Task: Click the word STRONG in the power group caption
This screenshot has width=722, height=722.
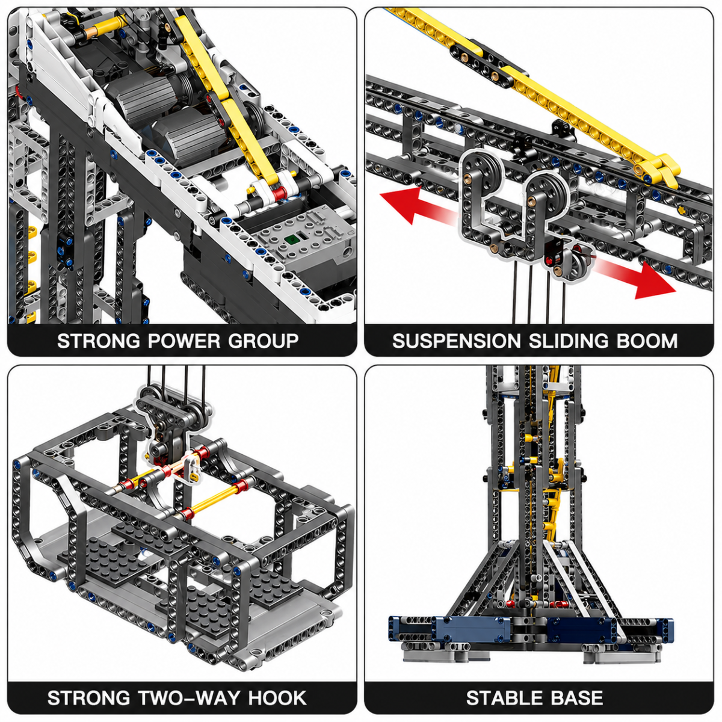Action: click(x=99, y=341)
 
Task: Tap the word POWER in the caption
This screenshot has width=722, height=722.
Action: click(x=184, y=341)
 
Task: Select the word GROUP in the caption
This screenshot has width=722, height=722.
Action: click(x=264, y=341)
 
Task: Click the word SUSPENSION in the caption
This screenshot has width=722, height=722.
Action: click(x=456, y=341)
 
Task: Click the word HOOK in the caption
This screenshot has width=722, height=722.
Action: click(x=277, y=698)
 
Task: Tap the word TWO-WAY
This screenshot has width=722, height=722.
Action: click(x=189, y=698)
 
